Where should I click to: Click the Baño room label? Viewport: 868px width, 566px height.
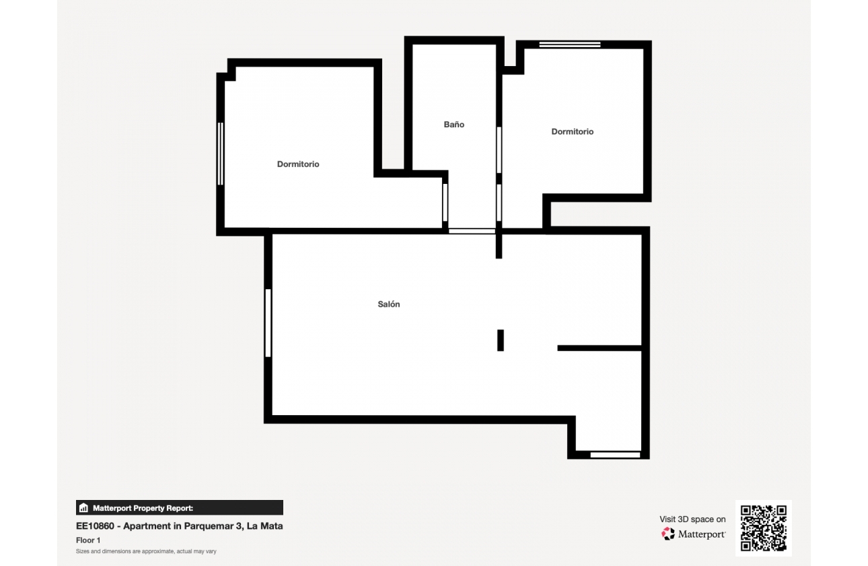coord(454,125)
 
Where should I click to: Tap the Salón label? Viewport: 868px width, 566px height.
coord(389,305)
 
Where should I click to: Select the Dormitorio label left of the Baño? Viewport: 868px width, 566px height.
coord(298,164)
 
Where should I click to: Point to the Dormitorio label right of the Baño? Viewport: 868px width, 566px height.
coord(573,132)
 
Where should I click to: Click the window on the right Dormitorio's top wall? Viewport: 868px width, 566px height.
coord(569,44)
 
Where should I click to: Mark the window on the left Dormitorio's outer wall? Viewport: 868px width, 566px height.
coord(220,154)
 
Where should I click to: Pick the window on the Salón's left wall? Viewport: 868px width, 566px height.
coord(268,323)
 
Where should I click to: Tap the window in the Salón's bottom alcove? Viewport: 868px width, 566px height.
coord(615,455)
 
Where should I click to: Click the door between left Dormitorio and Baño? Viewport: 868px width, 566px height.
coord(445,202)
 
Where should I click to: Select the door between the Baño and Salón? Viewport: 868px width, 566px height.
coord(472,231)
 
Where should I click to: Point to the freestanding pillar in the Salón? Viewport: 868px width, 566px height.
coord(501,340)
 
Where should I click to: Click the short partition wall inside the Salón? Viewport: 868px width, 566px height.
coord(599,348)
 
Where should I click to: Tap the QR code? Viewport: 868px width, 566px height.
coord(764,528)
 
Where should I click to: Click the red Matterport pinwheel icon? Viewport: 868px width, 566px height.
coord(668,534)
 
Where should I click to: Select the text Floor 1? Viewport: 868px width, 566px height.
coord(88,540)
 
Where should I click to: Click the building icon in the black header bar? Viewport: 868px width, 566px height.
coord(84,508)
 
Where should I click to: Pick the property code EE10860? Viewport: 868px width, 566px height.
coord(97,526)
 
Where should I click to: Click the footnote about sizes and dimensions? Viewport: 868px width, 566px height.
coord(146,551)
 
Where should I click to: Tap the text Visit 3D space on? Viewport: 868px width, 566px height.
coord(692,520)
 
